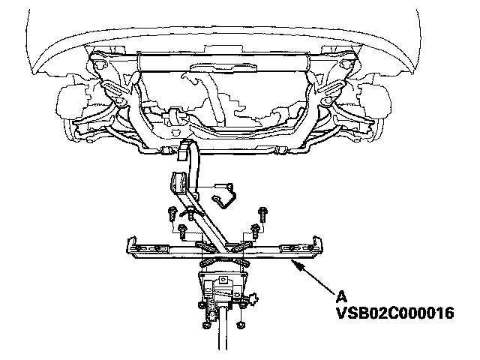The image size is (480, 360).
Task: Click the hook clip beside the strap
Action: [221, 195]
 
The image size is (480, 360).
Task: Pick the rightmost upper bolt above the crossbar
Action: [262, 211]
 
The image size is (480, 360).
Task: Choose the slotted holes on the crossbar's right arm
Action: [292, 245]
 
